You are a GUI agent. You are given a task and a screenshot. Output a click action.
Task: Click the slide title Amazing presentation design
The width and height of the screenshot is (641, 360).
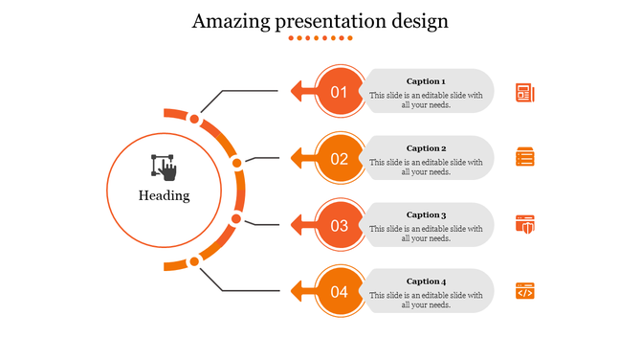pos(320,21)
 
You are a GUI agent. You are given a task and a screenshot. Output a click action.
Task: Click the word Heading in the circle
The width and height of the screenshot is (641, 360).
pos(164,195)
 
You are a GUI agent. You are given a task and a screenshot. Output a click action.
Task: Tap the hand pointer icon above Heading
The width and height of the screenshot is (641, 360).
pos(164,167)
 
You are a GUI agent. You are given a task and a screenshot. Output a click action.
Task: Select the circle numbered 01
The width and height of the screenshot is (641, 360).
pos(339,92)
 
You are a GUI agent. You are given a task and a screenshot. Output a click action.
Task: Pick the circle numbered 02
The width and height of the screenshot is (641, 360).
pos(339,159)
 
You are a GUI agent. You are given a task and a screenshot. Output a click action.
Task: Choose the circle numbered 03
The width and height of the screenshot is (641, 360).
pos(339,226)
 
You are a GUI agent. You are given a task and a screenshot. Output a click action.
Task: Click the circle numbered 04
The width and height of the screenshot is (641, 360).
pos(339,292)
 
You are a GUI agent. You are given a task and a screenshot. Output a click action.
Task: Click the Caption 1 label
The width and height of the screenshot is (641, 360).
pos(426,81)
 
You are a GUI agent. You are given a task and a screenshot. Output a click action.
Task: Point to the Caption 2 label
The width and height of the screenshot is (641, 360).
pos(426,148)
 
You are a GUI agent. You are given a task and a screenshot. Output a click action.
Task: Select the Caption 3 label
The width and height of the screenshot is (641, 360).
pos(426,215)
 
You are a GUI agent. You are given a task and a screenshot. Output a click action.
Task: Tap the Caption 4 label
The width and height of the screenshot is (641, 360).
pos(426,281)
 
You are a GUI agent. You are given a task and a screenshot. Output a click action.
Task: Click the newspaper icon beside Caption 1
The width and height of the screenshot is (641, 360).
pos(524,92)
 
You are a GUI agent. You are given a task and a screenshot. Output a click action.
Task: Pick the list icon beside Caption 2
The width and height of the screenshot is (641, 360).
pos(524,158)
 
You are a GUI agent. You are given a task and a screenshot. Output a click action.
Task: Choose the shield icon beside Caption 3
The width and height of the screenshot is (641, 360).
pos(524,225)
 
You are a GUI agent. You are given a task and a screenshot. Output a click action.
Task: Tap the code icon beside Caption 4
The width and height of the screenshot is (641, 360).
pos(524,291)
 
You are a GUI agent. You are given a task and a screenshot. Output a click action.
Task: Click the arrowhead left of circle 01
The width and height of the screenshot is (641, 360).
pos(298,92)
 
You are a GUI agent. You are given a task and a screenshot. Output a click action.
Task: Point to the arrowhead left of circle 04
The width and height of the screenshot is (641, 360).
pos(298,292)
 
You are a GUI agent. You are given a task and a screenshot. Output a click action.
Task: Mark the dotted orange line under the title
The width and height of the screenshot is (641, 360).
pos(320,38)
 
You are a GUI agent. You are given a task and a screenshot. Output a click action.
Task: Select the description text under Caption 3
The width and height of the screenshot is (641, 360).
pos(426,234)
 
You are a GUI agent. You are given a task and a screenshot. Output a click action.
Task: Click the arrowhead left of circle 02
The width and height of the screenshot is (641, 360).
pos(298,159)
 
